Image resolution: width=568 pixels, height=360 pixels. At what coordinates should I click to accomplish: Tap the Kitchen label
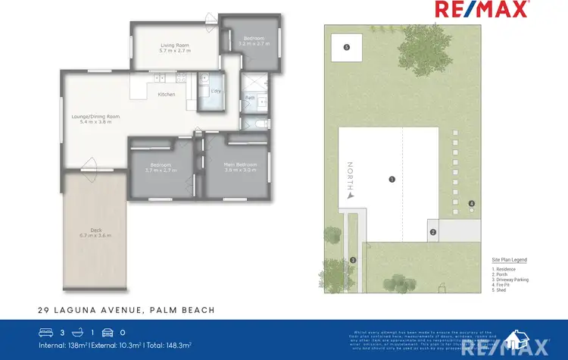[x=167, y=95]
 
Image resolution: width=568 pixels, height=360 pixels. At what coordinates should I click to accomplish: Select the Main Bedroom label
[x=241, y=164]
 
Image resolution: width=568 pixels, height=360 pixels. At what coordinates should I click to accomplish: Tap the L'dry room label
[x=216, y=91]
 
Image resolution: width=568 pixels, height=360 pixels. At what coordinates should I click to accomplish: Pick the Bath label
[x=249, y=97]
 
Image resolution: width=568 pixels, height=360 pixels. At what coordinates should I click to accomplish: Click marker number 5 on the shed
[x=346, y=47]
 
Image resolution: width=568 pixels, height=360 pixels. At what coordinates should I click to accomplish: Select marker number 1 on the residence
[x=392, y=180]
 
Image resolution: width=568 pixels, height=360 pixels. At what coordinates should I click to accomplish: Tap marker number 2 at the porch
[x=433, y=232]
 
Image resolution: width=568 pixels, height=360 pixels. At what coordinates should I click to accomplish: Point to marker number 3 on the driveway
[x=353, y=261]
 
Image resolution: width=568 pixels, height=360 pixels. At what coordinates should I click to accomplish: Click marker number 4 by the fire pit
[x=471, y=203]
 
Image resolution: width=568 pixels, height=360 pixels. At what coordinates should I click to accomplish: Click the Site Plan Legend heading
[x=509, y=260]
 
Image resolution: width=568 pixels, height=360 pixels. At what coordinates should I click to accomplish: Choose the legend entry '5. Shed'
[x=499, y=290]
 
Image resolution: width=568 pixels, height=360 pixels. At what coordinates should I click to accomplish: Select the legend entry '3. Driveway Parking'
[x=510, y=280]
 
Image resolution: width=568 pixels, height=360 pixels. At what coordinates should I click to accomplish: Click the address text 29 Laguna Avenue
[x=126, y=309]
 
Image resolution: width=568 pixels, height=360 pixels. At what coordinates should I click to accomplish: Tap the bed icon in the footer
[x=46, y=332]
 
